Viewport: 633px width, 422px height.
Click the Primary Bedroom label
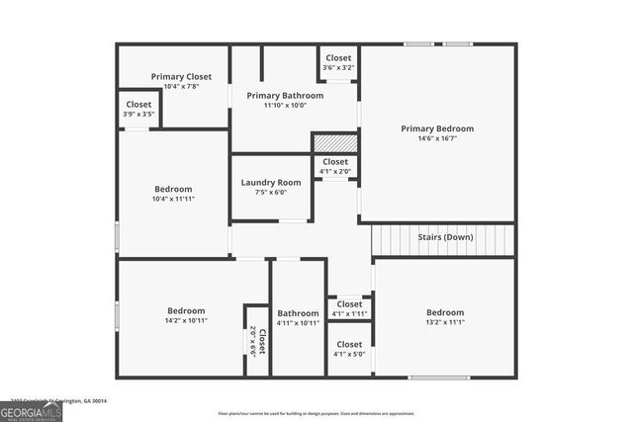click(x=436, y=128)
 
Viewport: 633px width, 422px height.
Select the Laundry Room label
click(x=271, y=182)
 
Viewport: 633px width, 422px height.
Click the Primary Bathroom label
click(x=277, y=95)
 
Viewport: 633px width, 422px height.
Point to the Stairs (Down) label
click(x=444, y=237)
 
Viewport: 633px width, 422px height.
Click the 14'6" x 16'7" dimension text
click(x=436, y=138)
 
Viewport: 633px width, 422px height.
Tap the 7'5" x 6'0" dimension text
click(x=271, y=192)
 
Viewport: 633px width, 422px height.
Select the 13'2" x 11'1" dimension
click(x=444, y=322)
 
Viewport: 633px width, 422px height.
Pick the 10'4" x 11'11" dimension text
click(x=173, y=199)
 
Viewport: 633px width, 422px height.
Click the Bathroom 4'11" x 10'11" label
click(x=298, y=317)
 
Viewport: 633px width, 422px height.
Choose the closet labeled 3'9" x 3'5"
click(x=138, y=109)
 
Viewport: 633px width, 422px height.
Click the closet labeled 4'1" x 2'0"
click(x=335, y=166)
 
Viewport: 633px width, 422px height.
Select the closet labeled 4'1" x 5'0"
click(x=349, y=349)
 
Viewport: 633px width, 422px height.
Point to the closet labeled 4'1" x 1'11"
click(x=349, y=308)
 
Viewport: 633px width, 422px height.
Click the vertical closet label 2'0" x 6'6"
click(x=257, y=341)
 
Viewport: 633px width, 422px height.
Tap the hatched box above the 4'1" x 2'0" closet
click(x=334, y=143)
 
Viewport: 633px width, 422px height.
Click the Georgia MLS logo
click(x=31, y=411)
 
